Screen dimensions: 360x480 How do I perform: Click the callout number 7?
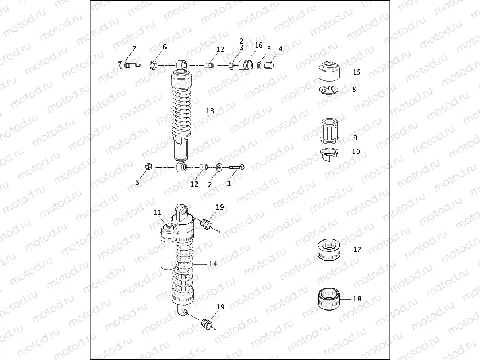pos(134,48)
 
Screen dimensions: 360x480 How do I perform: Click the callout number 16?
pos(258,45)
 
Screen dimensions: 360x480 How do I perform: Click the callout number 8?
pos(354,90)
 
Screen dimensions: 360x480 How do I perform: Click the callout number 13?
pos(210,110)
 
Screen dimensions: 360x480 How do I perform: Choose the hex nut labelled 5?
pos(147,167)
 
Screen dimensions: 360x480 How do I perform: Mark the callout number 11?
pos(158,212)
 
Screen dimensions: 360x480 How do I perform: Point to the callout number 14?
pos(212,264)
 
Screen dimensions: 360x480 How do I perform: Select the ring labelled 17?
pos(330,250)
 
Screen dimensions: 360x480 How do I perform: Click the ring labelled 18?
pos(330,299)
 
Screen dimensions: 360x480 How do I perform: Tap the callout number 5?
pos(138,183)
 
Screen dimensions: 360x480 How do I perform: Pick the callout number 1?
pos(229,184)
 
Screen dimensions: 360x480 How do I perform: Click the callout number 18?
pos(357,299)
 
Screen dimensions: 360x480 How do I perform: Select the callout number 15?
pos(357,72)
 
